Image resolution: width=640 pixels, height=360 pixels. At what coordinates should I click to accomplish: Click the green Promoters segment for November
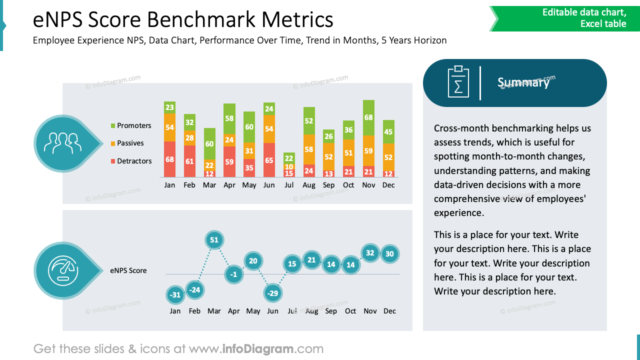point(368,117)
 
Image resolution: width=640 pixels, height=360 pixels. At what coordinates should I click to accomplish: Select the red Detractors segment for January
point(169,159)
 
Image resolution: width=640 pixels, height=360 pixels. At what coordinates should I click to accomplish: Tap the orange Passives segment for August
point(309,149)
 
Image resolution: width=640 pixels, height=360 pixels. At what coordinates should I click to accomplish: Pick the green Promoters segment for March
point(209,143)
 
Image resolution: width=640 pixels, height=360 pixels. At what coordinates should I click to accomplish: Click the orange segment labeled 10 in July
point(289,166)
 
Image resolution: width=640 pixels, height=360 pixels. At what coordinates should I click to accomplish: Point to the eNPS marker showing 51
point(214,240)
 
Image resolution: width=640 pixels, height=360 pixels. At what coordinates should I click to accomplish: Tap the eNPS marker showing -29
point(272,293)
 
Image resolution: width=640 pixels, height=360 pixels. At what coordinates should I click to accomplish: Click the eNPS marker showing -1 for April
point(234,274)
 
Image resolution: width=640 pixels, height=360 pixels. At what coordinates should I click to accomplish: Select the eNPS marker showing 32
point(370,253)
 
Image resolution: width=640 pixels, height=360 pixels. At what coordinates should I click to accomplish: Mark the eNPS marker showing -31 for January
point(175,295)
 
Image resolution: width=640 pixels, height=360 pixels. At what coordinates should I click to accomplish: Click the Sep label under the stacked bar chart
point(328,185)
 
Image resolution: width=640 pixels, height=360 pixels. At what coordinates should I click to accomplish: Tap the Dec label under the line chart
point(389,311)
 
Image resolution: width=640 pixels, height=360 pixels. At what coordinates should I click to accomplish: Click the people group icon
point(62,143)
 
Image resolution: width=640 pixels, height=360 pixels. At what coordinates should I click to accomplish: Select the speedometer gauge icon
point(62,270)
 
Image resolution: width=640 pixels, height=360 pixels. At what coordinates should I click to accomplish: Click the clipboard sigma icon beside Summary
point(458,82)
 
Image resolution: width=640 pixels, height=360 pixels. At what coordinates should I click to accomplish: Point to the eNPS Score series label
point(128,270)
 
